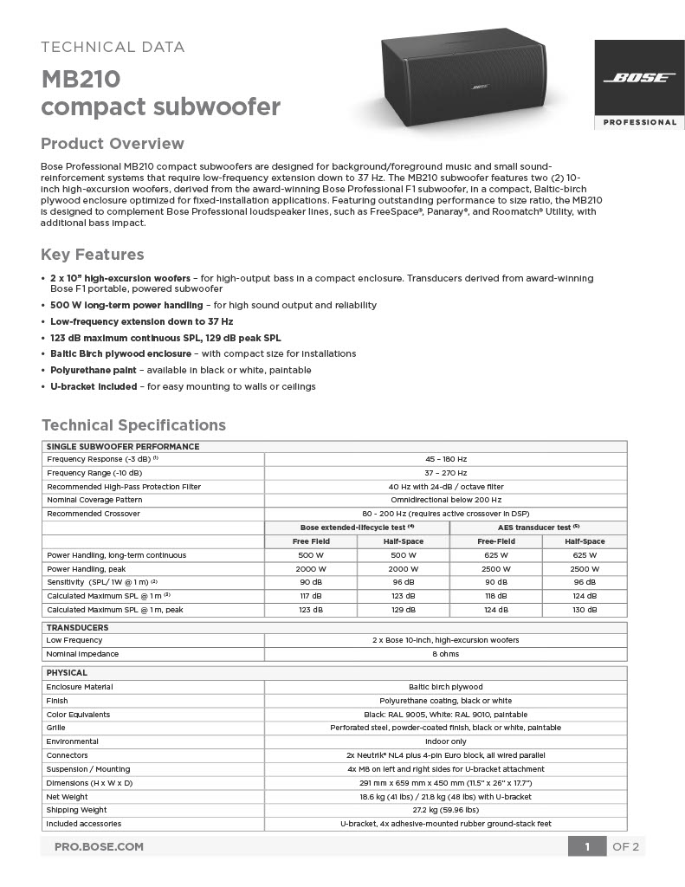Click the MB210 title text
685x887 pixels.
coord(81,80)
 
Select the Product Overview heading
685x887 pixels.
coord(113,144)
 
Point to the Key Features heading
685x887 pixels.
coord(93,255)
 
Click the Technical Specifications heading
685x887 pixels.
coord(133,425)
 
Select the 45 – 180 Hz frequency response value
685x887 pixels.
coord(445,459)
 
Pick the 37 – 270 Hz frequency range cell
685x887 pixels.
coord(445,473)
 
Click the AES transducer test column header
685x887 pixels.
coord(538,528)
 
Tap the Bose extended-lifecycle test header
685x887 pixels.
coord(357,528)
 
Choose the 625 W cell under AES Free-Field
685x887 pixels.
coord(495,555)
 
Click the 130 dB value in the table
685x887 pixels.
coord(585,610)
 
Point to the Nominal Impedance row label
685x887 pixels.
coord(82,654)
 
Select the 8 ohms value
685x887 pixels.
coord(445,654)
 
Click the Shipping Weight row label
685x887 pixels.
coord(77,810)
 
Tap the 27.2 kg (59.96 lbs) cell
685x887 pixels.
coord(445,810)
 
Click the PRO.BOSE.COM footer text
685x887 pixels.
coord(99,846)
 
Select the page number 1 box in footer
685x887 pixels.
coord(587,846)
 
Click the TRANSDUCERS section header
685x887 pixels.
coord(77,627)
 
